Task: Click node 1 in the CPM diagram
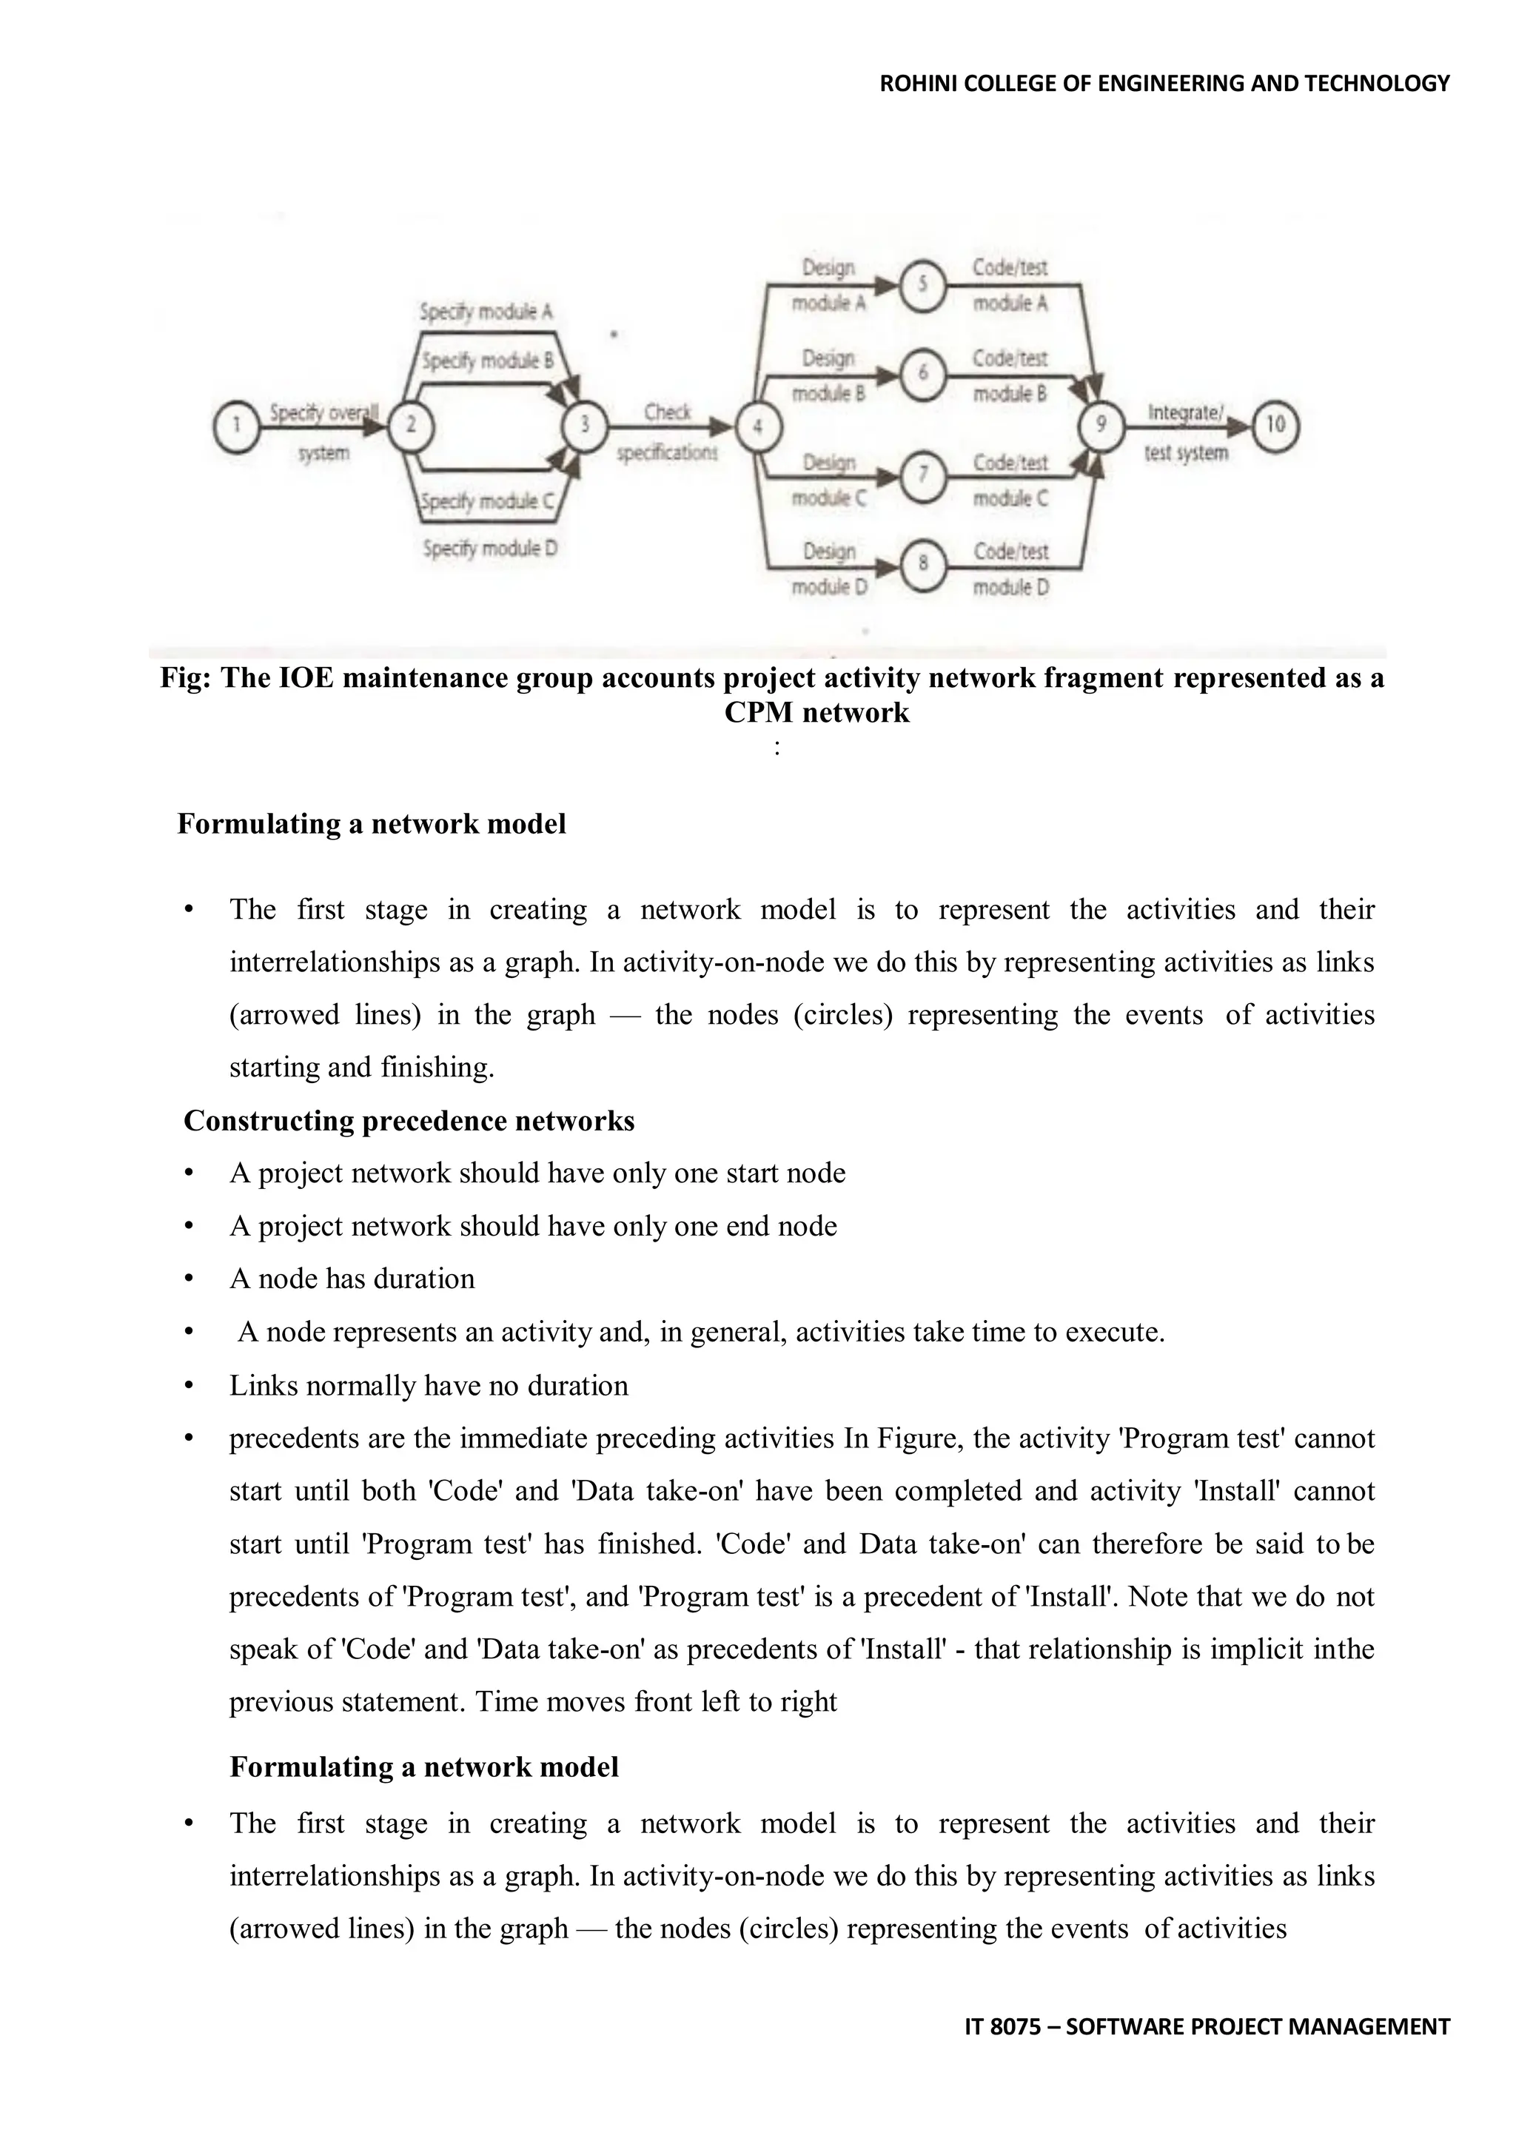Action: point(236,426)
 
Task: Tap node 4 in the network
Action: point(758,426)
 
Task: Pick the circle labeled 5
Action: point(922,283)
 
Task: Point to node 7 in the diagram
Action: point(922,475)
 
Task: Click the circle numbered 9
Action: point(1101,426)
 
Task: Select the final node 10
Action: point(1275,426)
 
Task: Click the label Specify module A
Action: point(486,312)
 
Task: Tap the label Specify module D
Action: point(489,549)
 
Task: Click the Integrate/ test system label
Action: point(1186,432)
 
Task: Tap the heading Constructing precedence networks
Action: point(409,1121)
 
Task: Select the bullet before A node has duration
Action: point(189,1279)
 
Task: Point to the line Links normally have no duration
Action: point(429,1385)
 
